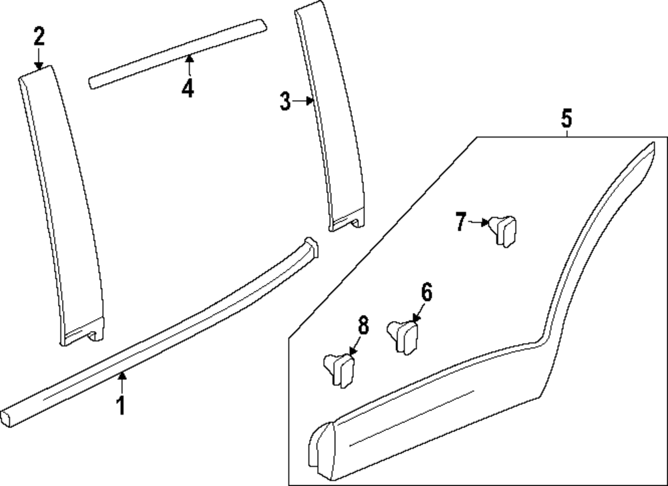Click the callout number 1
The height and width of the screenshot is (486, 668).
point(121,405)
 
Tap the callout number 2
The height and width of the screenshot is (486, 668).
point(39,37)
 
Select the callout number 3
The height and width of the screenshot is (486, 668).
point(285,101)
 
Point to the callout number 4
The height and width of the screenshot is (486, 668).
point(188,87)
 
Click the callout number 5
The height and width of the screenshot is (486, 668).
point(566,119)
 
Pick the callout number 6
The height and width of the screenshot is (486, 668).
point(426,292)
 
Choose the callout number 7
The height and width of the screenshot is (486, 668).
point(460,222)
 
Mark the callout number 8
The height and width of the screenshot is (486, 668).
point(363,326)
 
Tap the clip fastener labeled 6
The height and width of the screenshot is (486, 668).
point(405,336)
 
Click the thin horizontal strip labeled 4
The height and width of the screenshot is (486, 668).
point(177,53)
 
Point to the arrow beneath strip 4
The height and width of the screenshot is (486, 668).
point(189,65)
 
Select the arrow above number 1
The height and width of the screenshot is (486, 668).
point(121,383)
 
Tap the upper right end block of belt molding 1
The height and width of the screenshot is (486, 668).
point(311,246)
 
